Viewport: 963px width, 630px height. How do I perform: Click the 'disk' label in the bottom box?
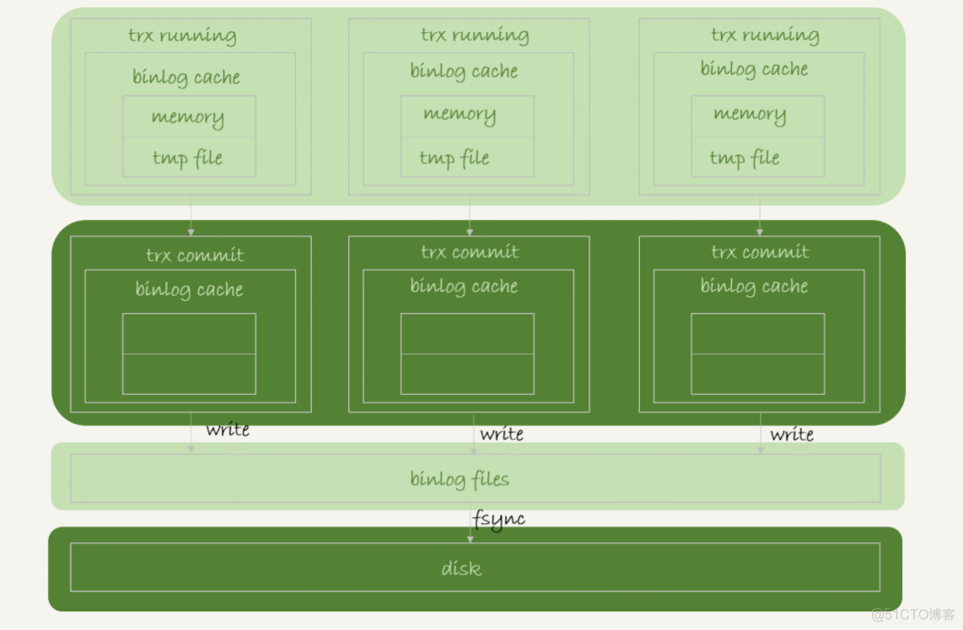coord(461,569)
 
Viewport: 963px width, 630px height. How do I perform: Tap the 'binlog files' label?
coord(460,479)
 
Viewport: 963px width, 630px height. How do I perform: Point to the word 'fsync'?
coord(499,520)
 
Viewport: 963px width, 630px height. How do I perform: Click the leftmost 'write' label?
coord(228,430)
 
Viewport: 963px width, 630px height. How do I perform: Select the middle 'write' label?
coord(502,434)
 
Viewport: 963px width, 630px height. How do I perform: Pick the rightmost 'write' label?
coord(792,434)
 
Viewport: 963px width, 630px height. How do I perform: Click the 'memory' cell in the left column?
coord(188,117)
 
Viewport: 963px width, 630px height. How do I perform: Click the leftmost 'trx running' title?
coord(182,35)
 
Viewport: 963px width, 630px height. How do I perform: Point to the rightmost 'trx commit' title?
coord(760,252)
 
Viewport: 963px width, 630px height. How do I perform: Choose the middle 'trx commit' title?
coord(470,252)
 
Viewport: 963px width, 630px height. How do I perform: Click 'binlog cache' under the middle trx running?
coord(464,71)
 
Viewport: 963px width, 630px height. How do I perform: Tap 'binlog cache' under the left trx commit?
coord(189,290)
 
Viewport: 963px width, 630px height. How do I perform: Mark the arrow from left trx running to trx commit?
coord(191,216)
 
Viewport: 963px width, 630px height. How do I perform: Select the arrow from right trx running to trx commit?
coord(760,216)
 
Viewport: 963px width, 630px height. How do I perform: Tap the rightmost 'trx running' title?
coord(765,35)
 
